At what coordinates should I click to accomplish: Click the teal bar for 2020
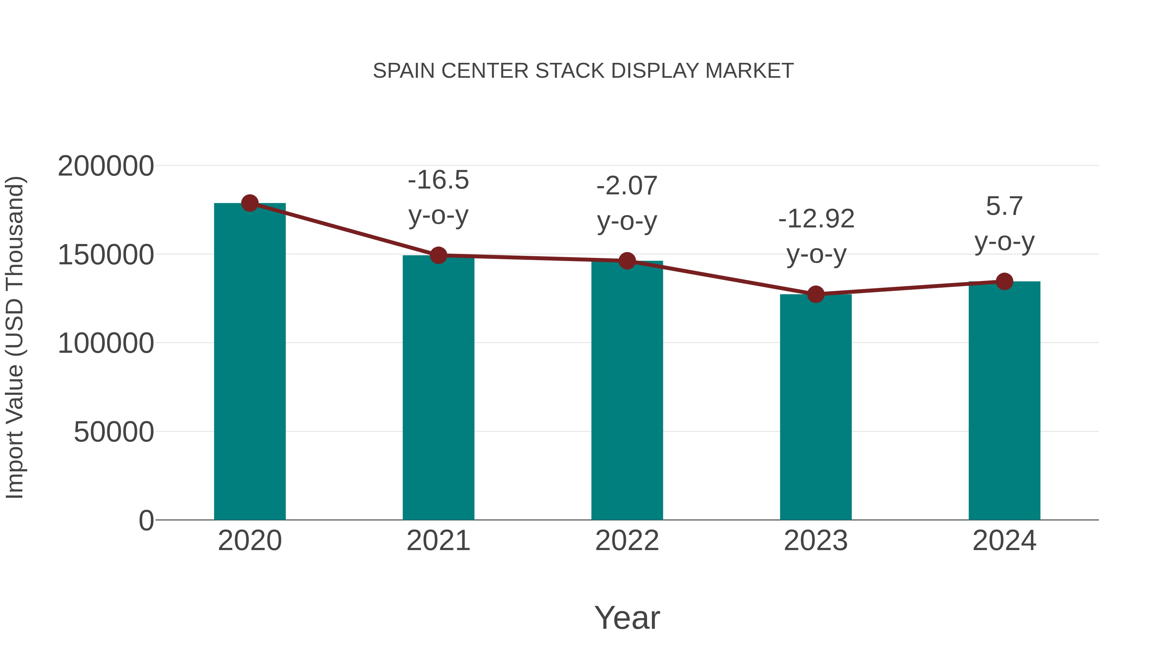[x=250, y=362]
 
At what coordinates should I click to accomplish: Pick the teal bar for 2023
[x=816, y=408]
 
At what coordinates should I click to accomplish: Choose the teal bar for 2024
[x=1004, y=401]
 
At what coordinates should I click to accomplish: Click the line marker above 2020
[x=250, y=203]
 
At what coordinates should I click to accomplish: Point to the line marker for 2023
[x=816, y=294]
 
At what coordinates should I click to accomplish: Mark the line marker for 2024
[x=1004, y=282]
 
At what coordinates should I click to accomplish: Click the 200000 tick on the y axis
[x=106, y=166]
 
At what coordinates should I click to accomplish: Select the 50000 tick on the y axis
[x=114, y=432]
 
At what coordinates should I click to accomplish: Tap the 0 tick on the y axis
[x=146, y=521]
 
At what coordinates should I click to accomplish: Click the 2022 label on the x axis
[x=627, y=541]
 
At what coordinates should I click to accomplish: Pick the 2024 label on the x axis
[x=1004, y=541]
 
